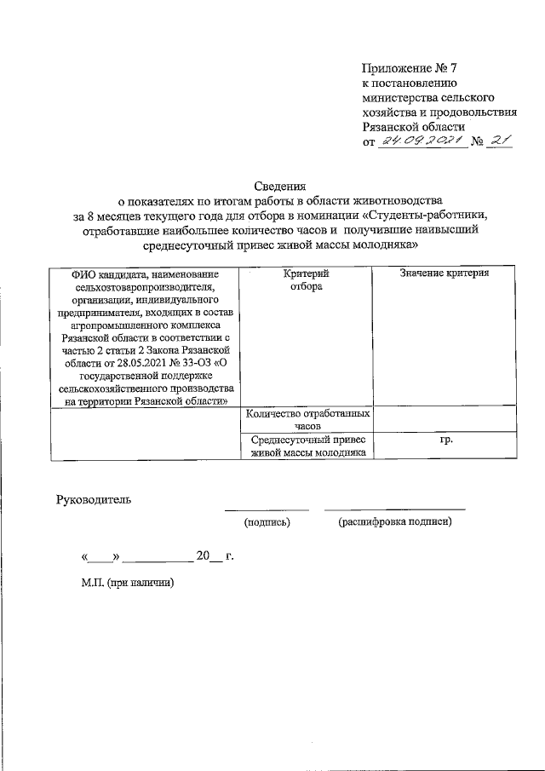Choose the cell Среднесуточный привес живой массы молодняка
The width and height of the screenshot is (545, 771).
[307, 446]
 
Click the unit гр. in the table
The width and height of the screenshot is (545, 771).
[445, 440]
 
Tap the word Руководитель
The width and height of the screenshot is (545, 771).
[94, 499]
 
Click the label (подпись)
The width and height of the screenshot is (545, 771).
[267, 521]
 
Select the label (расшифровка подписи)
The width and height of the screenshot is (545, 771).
[394, 521]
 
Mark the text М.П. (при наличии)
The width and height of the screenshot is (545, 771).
[126, 584]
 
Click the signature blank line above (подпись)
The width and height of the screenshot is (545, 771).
[267, 509]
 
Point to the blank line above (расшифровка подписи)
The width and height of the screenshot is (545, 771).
[394, 509]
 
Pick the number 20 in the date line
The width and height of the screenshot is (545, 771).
[203, 556]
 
